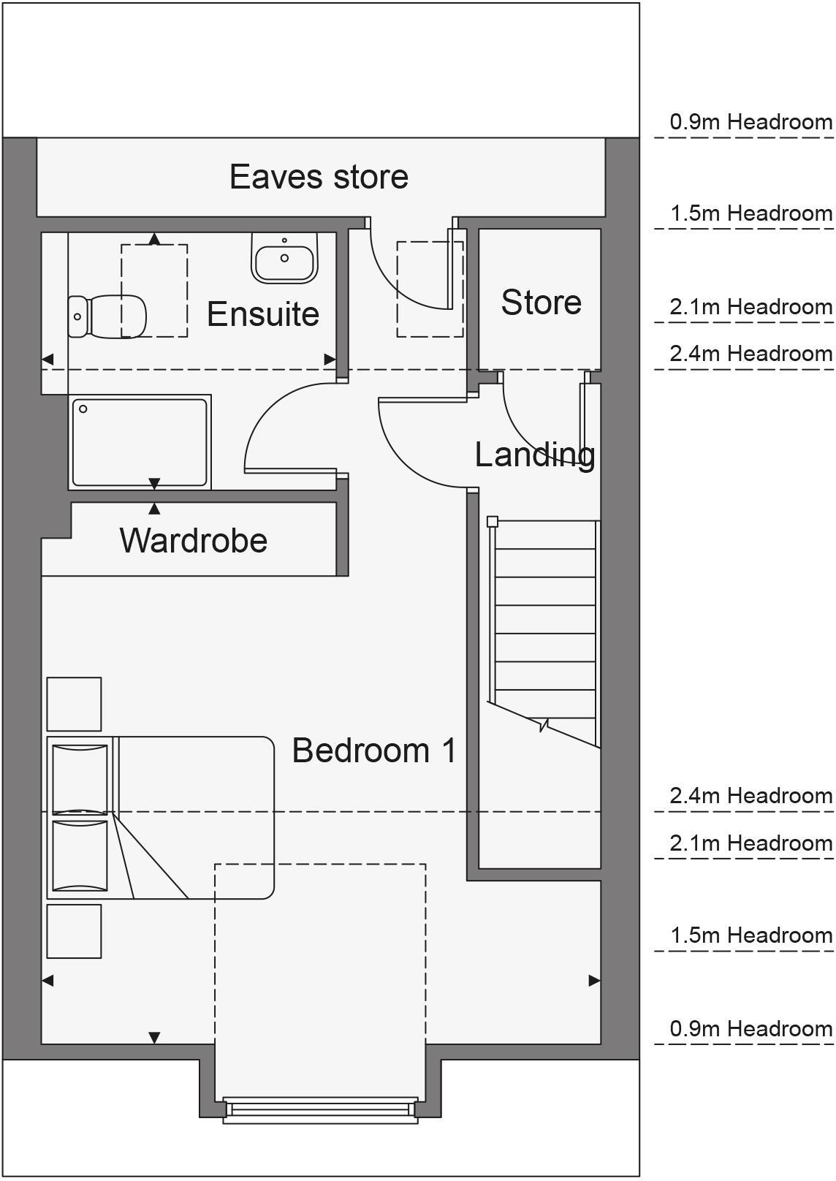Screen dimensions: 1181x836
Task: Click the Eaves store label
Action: (319, 177)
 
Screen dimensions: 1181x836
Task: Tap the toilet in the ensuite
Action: (107, 316)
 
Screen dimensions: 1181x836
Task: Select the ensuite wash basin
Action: (284, 258)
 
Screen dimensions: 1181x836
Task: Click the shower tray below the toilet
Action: (140, 442)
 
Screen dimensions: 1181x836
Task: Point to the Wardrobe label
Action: (194, 541)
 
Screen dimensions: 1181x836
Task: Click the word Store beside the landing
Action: (541, 303)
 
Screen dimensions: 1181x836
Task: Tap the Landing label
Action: (534, 455)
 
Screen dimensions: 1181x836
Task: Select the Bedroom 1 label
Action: (374, 751)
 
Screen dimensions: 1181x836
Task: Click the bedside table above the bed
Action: (74, 704)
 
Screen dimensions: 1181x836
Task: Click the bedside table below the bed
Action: (74, 931)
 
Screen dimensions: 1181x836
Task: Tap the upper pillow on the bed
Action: (80, 778)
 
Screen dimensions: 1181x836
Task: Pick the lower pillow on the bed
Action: (80, 855)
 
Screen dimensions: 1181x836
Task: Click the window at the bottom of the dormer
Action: (320, 1109)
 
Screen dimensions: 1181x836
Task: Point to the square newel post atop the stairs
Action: (493, 522)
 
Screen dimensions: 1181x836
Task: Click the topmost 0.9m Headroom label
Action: (750, 122)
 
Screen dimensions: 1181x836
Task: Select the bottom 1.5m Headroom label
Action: (750, 935)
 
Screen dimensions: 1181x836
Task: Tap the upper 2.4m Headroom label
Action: (750, 354)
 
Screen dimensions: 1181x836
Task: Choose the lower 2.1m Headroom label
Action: (750, 843)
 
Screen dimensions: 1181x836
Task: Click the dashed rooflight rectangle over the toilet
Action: (154, 291)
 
